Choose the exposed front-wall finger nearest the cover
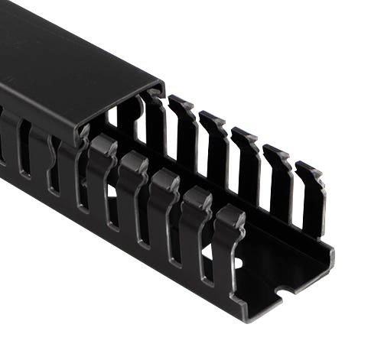101,176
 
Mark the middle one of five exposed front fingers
164,210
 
